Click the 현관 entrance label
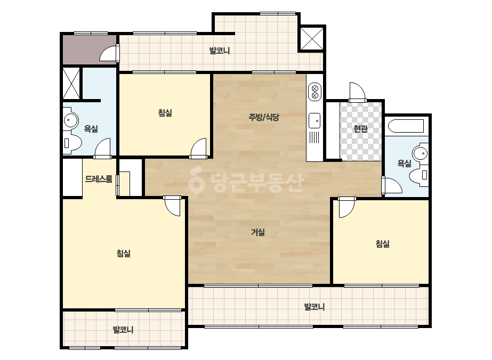point(360,128)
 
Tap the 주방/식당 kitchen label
point(263,117)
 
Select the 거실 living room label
point(258,232)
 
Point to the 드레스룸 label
point(99,179)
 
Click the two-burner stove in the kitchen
point(314,92)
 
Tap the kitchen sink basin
point(314,121)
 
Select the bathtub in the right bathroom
point(406,126)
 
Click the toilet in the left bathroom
point(72,143)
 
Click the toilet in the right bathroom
point(418,175)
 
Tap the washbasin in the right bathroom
point(421,154)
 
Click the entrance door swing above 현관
point(357,92)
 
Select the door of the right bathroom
point(392,185)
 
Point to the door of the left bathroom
point(102,148)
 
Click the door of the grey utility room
point(109,53)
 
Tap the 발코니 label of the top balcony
point(220,51)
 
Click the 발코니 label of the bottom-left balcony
point(123,330)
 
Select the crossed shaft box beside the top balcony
point(312,39)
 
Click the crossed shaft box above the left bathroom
point(71,83)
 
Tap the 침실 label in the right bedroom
point(383,244)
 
